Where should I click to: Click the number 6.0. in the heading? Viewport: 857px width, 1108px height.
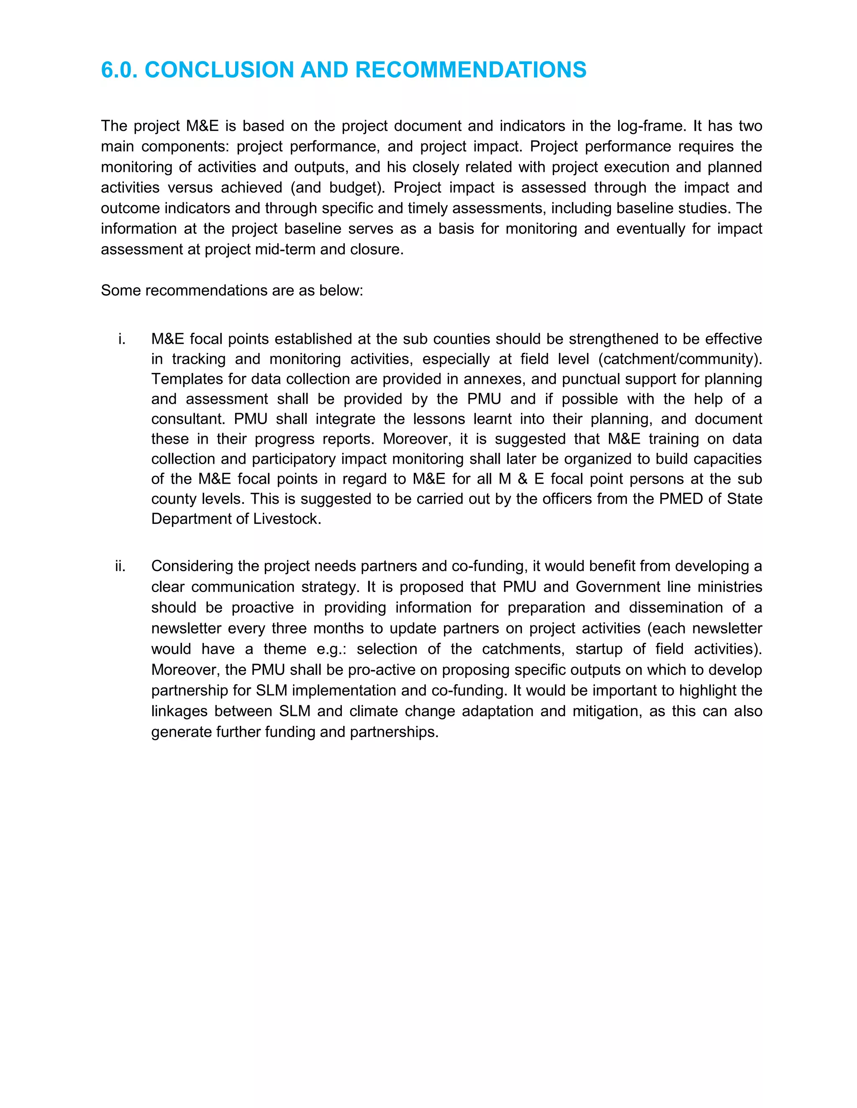tap(119, 70)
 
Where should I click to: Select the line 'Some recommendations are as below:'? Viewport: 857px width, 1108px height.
tap(232, 291)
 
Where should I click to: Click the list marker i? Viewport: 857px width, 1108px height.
tap(122, 339)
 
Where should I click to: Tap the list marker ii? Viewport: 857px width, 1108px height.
tap(121, 566)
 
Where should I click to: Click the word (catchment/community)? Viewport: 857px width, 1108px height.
tap(680, 359)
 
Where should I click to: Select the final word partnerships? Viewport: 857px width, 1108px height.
tap(393, 732)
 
